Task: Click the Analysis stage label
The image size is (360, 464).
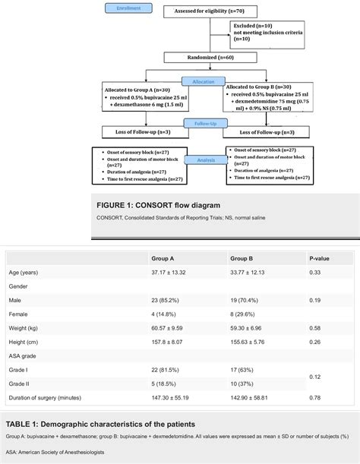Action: click(x=199, y=160)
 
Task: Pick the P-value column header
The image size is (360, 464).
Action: click(x=319, y=258)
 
